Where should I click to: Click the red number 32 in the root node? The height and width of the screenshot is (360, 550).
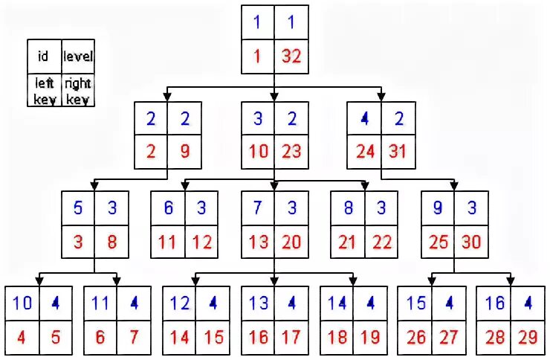click(x=291, y=56)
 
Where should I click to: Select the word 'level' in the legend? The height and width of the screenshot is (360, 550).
click(x=78, y=57)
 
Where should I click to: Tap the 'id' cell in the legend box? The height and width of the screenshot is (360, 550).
click(x=43, y=57)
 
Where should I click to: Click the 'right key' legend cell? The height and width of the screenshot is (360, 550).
click(x=77, y=91)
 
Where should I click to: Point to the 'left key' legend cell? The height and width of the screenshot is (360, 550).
click(x=44, y=91)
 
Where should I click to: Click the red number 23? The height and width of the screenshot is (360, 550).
click(x=291, y=152)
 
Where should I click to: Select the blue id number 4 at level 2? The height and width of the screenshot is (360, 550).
click(x=365, y=118)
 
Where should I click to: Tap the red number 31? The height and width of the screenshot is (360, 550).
click(x=397, y=152)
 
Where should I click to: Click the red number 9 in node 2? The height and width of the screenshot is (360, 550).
click(x=184, y=152)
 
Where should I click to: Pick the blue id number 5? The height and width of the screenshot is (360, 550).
click(x=79, y=208)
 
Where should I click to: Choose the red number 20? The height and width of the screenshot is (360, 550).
click(x=291, y=242)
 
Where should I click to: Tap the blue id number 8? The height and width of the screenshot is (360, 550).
click(x=348, y=208)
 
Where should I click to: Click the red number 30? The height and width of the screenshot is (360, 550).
click(x=470, y=242)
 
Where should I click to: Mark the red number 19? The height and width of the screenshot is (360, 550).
click(x=369, y=336)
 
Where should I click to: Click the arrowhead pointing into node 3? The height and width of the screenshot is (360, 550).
click(x=274, y=97)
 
